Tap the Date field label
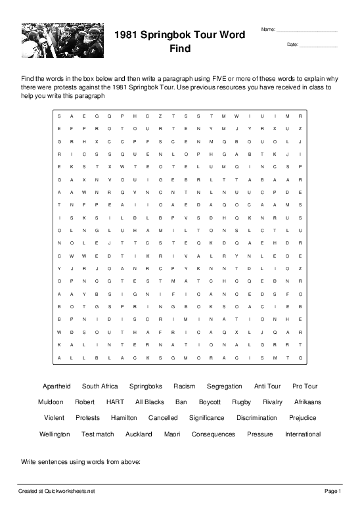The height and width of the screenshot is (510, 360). (x=293, y=45)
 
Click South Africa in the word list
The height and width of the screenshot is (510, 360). (x=100, y=386)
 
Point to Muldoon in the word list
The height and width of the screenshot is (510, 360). (x=51, y=402)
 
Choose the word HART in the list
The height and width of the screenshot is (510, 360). (x=115, y=402)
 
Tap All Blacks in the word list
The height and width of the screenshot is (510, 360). (x=149, y=402)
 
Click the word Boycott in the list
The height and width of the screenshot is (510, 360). (x=210, y=402)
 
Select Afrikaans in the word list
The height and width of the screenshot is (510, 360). (x=307, y=402)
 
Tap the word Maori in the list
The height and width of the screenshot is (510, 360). (x=171, y=434)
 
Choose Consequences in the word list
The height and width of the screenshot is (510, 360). (x=213, y=434)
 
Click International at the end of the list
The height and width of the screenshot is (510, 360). (x=302, y=434)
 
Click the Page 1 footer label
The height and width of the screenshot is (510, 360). (x=332, y=491)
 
